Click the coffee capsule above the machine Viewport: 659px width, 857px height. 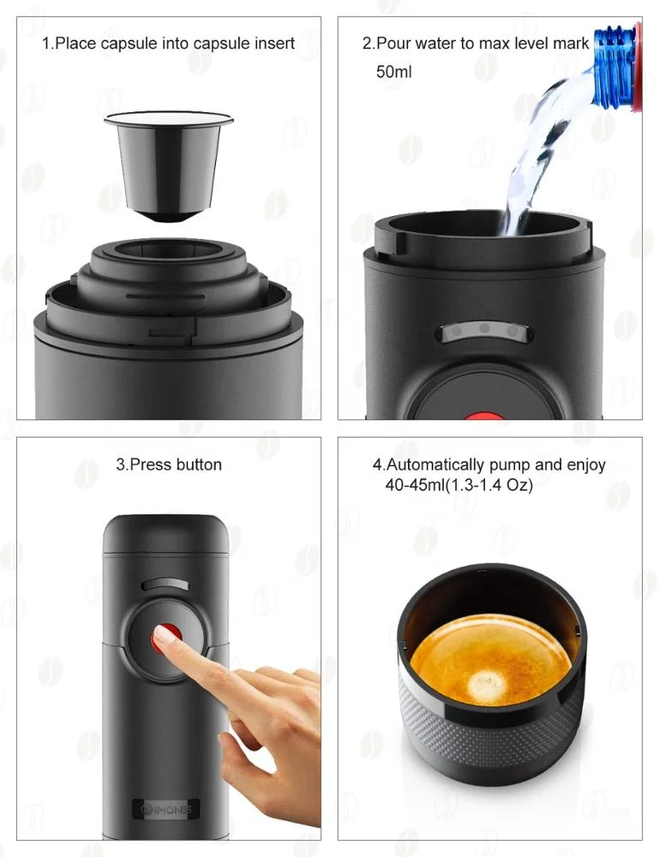pos(168,163)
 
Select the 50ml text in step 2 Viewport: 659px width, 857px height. pos(393,72)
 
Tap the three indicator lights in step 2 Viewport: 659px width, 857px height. pos(484,329)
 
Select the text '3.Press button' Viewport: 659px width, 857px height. pos(169,464)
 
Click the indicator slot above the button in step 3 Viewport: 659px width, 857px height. pos(165,584)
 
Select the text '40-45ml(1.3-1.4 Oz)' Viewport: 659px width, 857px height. pos(459,485)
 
